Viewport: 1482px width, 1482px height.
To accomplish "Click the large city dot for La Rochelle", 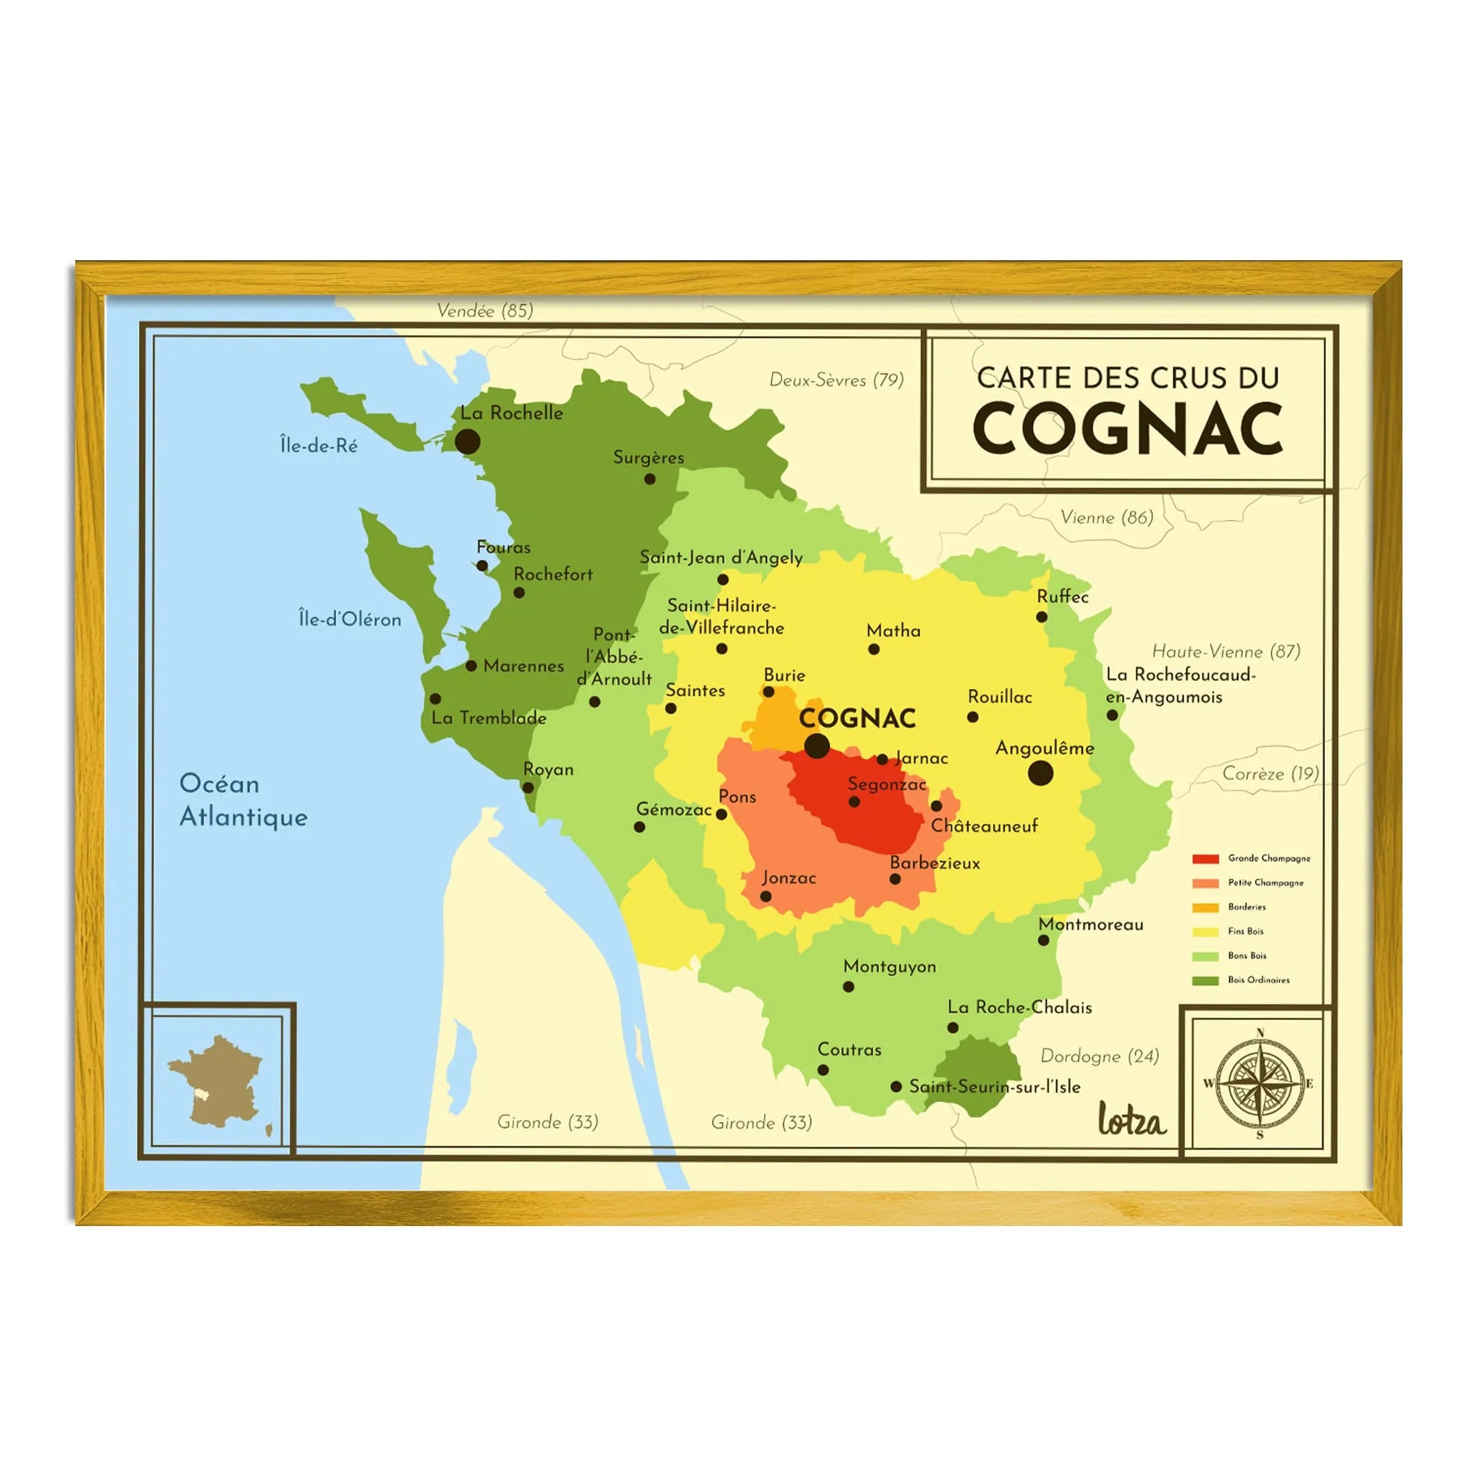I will coord(467,442).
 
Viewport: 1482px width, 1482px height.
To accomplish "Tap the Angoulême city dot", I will coord(1040,774).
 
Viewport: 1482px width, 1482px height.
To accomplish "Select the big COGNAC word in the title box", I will coord(1127,428).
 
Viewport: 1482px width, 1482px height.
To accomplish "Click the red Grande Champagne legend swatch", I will coord(1205,858).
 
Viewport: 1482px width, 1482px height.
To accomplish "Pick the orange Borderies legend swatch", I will coord(1205,907).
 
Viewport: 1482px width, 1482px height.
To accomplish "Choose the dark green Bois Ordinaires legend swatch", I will coord(1205,980).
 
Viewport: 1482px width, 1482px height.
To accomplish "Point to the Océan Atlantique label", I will coord(243,800).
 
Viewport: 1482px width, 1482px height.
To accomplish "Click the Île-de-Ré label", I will coord(318,445).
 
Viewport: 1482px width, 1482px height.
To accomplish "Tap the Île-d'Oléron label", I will coord(350,619).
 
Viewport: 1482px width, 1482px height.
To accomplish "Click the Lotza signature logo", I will coord(1131,1118).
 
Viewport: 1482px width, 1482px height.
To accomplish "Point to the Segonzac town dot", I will coord(854,802).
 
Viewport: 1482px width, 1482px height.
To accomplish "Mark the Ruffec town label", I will coord(1063,596).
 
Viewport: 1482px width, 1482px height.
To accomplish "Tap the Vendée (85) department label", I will coord(485,311).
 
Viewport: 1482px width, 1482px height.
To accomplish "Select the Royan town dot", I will coord(528,787).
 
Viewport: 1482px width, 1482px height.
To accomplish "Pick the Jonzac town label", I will coord(789,878).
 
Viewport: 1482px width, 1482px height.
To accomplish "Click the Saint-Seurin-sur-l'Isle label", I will coord(994,1086).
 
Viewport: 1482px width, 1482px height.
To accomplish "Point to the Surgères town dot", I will coord(650,479).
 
